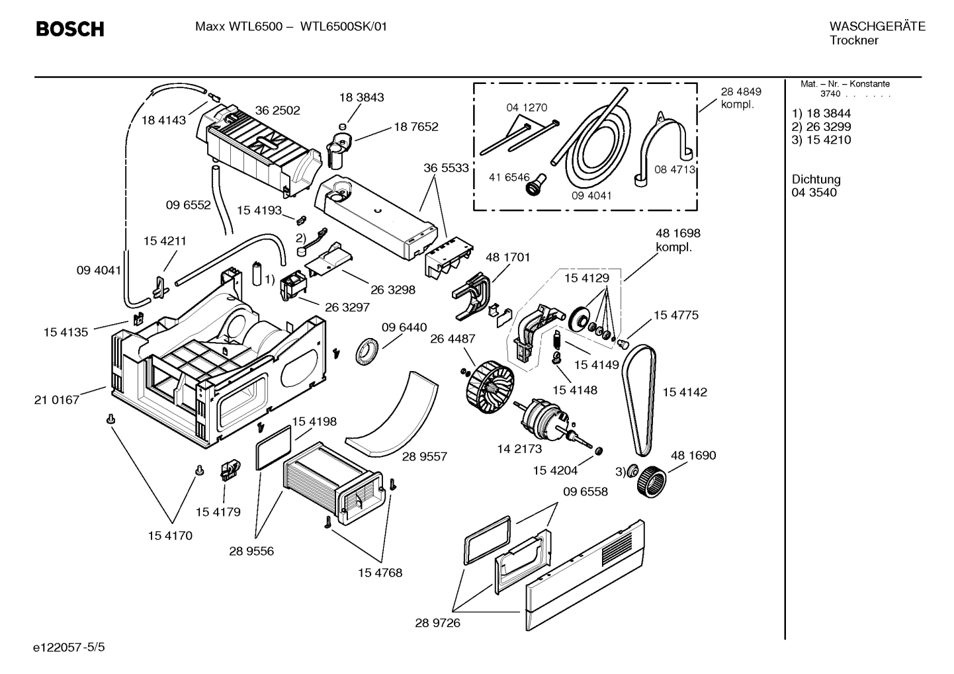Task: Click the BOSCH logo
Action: (x=69, y=29)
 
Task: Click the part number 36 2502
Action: (x=277, y=110)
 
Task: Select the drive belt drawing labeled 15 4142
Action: (x=640, y=400)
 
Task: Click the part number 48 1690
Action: (x=693, y=455)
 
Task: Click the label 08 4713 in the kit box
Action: (x=675, y=169)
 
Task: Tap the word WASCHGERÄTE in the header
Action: (x=877, y=26)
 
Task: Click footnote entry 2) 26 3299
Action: (x=821, y=126)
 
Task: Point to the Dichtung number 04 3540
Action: (x=814, y=192)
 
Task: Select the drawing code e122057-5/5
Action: (x=68, y=646)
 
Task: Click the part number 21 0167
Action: (x=56, y=400)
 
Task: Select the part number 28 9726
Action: (x=437, y=622)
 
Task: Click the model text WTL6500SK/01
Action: (x=343, y=26)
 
